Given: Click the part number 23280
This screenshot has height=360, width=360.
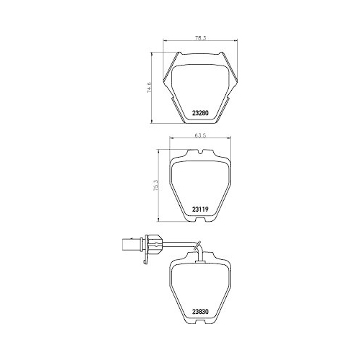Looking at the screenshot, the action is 200,112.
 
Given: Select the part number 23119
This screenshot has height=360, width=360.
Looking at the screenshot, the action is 199,209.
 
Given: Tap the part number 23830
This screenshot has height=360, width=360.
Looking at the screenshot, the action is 200,311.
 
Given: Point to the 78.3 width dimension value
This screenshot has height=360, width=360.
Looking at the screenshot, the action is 201,37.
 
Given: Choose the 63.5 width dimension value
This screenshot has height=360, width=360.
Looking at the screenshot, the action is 201,135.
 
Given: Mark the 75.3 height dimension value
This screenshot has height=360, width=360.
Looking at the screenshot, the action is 156,185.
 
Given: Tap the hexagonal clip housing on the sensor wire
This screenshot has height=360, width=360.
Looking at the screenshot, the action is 154,245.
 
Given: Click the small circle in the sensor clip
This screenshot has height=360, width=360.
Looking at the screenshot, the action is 156,245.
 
